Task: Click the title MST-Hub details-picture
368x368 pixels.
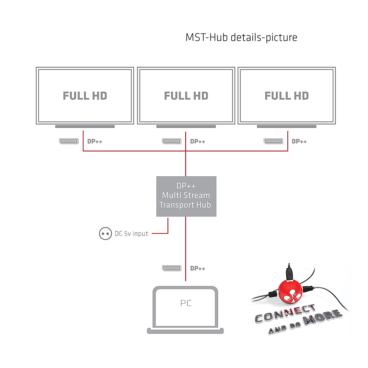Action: pyautogui.click(x=241, y=37)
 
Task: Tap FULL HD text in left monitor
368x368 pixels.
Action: pyautogui.click(x=85, y=96)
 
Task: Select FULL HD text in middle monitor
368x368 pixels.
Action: pyautogui.click(x=186, y=96)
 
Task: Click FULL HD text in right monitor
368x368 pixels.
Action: pyautogui.click(x=287, y=96)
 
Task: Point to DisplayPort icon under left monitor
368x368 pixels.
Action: pyautogui.click(x=69, y=141)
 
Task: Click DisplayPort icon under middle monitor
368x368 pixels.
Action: pyautogui.click(x=172, y=141)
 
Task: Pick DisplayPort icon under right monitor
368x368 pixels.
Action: pyautogui.click(x=273, y=141)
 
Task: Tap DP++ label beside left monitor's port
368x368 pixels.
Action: pyautogui.click(x=95, y=141)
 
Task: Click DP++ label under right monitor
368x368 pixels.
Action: pyautogui.click(x=299, y=141)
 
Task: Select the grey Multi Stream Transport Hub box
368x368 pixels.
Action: pyautogui.click(x=186, y=196)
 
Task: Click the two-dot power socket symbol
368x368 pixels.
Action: pyautogui.click(x=105, y=234)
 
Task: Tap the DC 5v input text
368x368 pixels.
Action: pyautogui.click(x=131, y=234)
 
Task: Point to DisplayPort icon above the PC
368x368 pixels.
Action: pyautogui.click(x=172, y=268)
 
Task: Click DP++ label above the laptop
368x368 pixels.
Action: pyautogui.click(x=197, y=268)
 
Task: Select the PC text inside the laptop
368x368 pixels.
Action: pyautogui.click(x=186, y=303)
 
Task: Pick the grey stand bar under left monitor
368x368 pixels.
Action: pyautogui.click(x=85, y=126)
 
